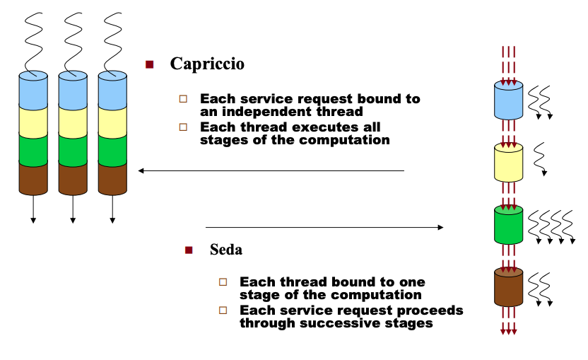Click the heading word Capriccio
coord(207,64)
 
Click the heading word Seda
coord(226,250)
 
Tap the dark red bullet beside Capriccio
coord(149,64)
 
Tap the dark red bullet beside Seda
coord(188,250)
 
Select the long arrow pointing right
coord(324,228)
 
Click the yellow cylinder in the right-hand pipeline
coord(508,163)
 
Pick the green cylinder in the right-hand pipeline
coord(508,225)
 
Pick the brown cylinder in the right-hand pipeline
coord(508,286)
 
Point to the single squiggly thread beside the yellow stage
coord(540,158)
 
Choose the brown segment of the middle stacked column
coord(72,178)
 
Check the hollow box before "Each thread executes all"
coord(184,127)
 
